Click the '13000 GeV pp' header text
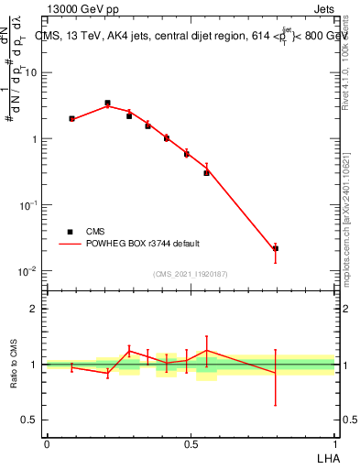(85, 8)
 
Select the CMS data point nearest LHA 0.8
(276, 248)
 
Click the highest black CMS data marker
(107, 104)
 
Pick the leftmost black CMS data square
(71, 118)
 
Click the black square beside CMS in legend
(70, 233)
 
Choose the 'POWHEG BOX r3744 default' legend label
(143, 244)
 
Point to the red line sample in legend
(70, 244)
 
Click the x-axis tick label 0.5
(191, 444)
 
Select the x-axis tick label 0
(47, 444)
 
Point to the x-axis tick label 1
(335, 444)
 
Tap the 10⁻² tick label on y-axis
(30, 271)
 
